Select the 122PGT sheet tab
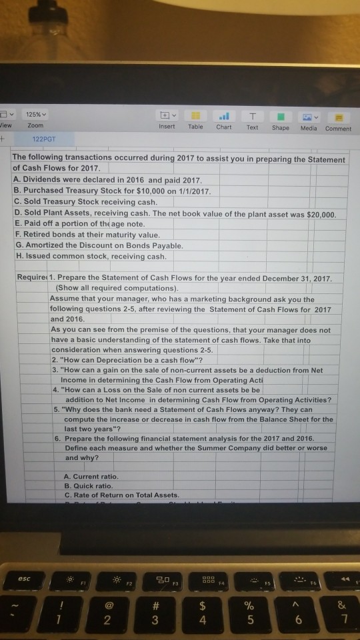point(44,141)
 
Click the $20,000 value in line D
point(315,213)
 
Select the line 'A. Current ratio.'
point(92,477)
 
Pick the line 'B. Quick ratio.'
point(89,485)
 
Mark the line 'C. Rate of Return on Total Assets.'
point(122,495)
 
